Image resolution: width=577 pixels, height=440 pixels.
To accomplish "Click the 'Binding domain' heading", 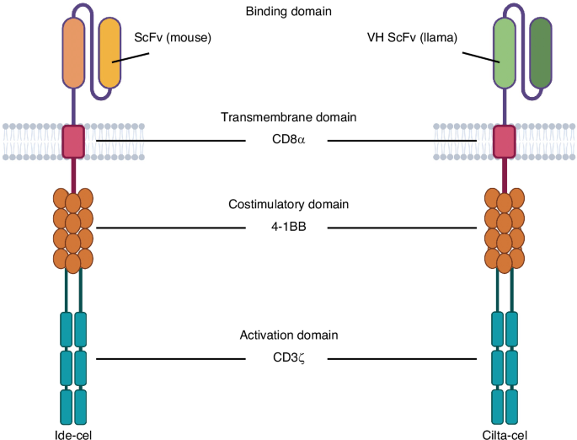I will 288,12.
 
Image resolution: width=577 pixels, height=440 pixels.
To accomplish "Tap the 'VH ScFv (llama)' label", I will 411,38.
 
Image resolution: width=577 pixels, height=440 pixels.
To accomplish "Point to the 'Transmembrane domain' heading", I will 288,117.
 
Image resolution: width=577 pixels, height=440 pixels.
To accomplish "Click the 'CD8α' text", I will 288,139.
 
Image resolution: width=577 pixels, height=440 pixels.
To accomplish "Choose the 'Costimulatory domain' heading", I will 288,205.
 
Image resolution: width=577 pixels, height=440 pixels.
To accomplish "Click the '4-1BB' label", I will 288,227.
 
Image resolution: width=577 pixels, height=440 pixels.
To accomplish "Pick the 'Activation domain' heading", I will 288,335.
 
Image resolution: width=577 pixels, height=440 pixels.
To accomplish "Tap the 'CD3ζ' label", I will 288,358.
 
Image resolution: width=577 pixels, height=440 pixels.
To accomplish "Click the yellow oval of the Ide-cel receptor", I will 110,52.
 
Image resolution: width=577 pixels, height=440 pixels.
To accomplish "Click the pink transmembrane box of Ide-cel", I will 73,141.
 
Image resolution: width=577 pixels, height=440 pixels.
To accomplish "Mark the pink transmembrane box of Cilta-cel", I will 505,141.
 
